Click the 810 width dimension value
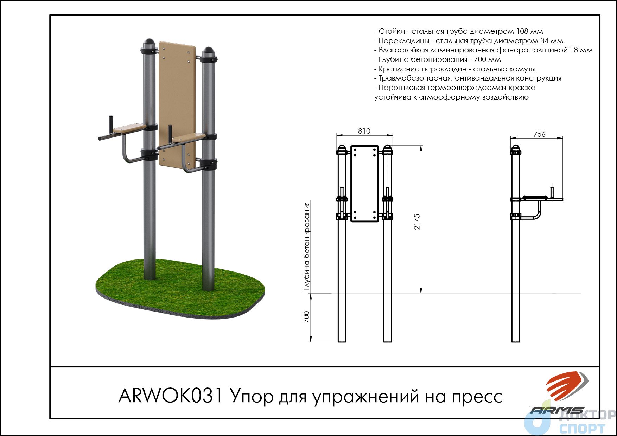pos(364,131)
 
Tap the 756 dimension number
pos(539,134)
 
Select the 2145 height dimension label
pos(417,222)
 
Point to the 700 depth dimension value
pos(307,317)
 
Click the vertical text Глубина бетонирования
pos(307,246)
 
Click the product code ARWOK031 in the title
pos(171,396)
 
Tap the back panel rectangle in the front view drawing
pos(364,184)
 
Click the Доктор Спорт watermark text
pos(587,422)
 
